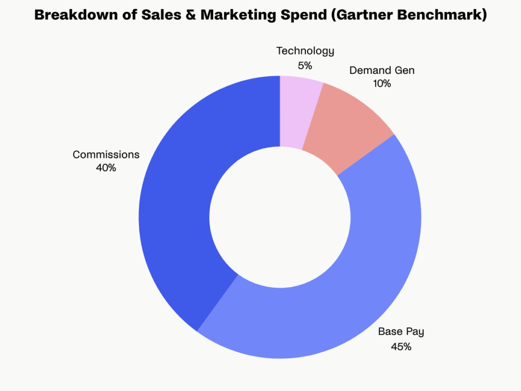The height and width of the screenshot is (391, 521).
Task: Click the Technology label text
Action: coord(305,51)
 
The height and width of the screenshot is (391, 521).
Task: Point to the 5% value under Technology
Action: coord(305,65)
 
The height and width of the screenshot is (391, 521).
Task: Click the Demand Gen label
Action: coord(382,70)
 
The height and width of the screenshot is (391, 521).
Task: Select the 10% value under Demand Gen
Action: coord(382,84)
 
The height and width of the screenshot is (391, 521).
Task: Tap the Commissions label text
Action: coord(106,154)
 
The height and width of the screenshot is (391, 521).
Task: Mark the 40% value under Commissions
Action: coord(106,168)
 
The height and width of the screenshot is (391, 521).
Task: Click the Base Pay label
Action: coord(401,332)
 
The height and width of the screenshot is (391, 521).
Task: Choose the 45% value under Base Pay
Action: coord(401,347)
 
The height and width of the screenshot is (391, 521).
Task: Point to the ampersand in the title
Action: coord(187,16)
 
